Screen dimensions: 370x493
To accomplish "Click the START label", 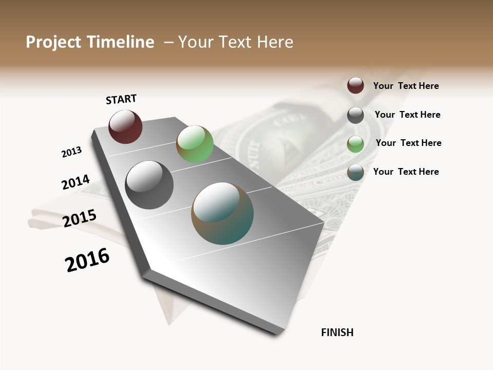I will [x=121, y=99].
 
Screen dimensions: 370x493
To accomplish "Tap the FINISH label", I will [x=337, y=332].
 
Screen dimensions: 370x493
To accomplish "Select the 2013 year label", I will [x=71, y=152].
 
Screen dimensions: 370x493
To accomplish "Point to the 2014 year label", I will [x=75, y=182].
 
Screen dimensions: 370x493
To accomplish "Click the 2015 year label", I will [x=80, y=218].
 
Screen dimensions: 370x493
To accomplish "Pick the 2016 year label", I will [x=87, y=260].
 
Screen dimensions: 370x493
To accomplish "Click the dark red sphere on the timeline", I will [x=125, y=127].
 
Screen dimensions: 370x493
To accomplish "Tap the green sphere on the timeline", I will [x=195, y=144].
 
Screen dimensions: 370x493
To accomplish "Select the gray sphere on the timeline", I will [x=149, y=185].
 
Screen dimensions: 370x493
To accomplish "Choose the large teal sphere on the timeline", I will [x=222, y=213].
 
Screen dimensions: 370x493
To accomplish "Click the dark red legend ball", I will [x=355, y=85].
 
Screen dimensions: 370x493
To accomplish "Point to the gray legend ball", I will [x=355, y=115].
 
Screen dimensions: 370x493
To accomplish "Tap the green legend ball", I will [x=355, y=144].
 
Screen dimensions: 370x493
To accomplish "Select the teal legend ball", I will [x=355, y=172].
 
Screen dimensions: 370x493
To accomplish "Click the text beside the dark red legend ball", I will [x=406, y=86].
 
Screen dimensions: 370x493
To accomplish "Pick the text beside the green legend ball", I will [x=408, y=143].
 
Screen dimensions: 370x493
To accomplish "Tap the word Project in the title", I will [x=54, y=42].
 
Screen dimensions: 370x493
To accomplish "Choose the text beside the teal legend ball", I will [x=406, y=172].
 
